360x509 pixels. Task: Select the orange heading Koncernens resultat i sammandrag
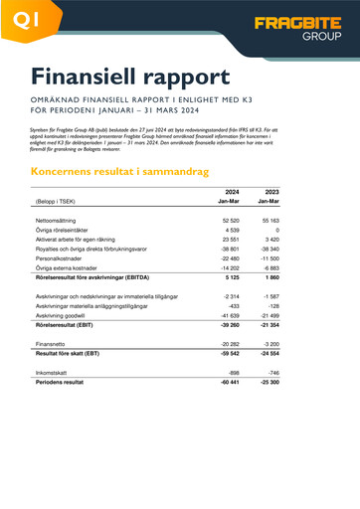120,171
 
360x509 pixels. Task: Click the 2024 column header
232,191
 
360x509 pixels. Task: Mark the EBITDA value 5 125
232,278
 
